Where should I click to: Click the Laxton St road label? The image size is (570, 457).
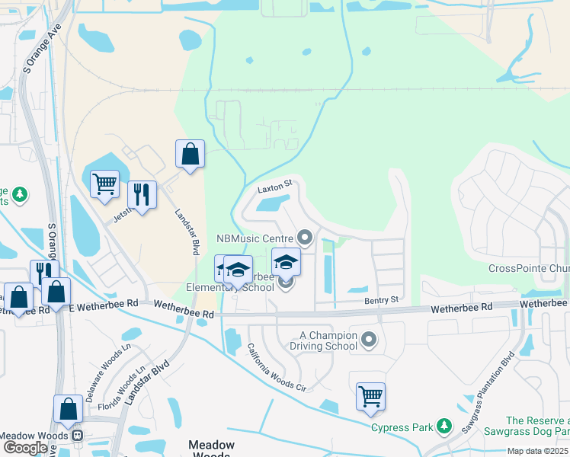(275, 186)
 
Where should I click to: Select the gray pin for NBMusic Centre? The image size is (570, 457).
(306, 239)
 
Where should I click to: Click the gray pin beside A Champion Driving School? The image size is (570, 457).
(370, 340)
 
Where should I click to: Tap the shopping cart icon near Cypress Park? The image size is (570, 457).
(370, 396)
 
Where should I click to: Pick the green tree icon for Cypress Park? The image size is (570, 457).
(444, 427)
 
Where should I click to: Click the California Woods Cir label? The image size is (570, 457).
(277, 367)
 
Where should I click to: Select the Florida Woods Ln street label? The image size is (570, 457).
(129, 389)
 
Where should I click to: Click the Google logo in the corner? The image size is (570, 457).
(25, 448)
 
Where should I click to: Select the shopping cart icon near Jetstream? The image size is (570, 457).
(104, 183)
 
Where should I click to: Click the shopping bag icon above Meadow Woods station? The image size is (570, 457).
(68, 408)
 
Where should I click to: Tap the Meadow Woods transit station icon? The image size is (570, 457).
(77, 436)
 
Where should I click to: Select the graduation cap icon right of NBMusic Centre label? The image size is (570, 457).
(286, 262)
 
